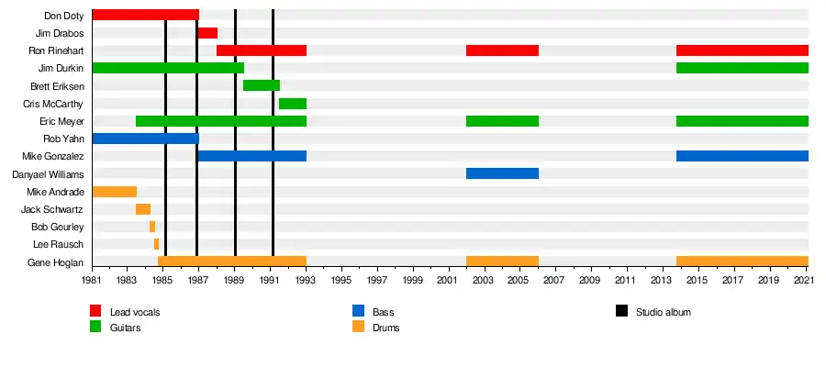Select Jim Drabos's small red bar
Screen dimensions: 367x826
tap(207, 33)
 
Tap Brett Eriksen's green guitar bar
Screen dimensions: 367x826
tap(262, 85)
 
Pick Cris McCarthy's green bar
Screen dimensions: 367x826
tap(293, 104)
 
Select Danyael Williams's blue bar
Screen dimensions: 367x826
tap(502, 173)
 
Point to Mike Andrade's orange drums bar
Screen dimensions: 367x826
tap(115, 192)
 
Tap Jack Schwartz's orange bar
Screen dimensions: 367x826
tap(143, 209)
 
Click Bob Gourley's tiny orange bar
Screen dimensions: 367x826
tap(152, 227)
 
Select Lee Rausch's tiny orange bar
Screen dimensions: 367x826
tap(157, 244)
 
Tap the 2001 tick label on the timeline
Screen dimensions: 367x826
tap(448, 280)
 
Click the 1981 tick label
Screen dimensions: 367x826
tap(92, 280)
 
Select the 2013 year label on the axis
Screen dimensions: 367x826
tap(663, 280)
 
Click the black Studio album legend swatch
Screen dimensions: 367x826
tap(621, 312)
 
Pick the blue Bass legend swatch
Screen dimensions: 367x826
tap(358, 312)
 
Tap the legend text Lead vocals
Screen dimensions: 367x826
tap(134, 313)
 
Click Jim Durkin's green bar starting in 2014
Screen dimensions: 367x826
tap(742, 68)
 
